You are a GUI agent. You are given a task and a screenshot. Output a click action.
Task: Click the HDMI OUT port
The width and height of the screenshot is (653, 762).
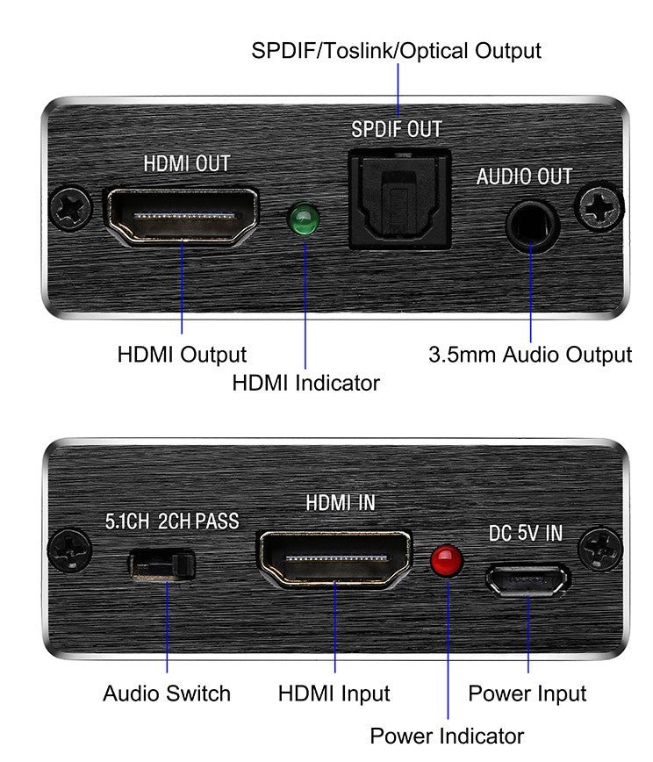coord(182,215)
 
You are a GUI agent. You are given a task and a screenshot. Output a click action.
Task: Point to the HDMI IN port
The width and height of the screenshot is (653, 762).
coord(334,559)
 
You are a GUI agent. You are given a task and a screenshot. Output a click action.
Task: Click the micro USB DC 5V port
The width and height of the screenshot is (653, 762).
coord(527,580)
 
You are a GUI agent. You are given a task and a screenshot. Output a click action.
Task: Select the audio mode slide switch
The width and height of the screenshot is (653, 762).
coord(162,564)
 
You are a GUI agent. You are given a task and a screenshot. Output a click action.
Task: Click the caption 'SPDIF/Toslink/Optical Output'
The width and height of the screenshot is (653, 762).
coord(396,50)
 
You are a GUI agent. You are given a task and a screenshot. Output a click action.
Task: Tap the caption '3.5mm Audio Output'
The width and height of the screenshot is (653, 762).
coord(529,356)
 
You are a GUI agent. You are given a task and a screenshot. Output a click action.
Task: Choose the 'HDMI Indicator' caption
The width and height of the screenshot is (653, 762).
coord(305,383)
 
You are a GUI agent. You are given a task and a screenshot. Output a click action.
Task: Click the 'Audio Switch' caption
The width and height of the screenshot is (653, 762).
coord(167,694)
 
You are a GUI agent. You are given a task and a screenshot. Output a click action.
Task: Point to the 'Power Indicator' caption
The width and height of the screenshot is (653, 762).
coord(447,736)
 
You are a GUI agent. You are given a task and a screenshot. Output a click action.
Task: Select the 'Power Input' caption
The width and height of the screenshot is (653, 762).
coord(527,694)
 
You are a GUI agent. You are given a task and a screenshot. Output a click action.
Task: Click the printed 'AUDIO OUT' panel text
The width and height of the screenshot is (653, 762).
coord(524,176)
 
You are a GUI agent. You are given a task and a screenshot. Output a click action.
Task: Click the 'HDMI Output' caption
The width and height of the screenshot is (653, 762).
coord(182,356)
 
